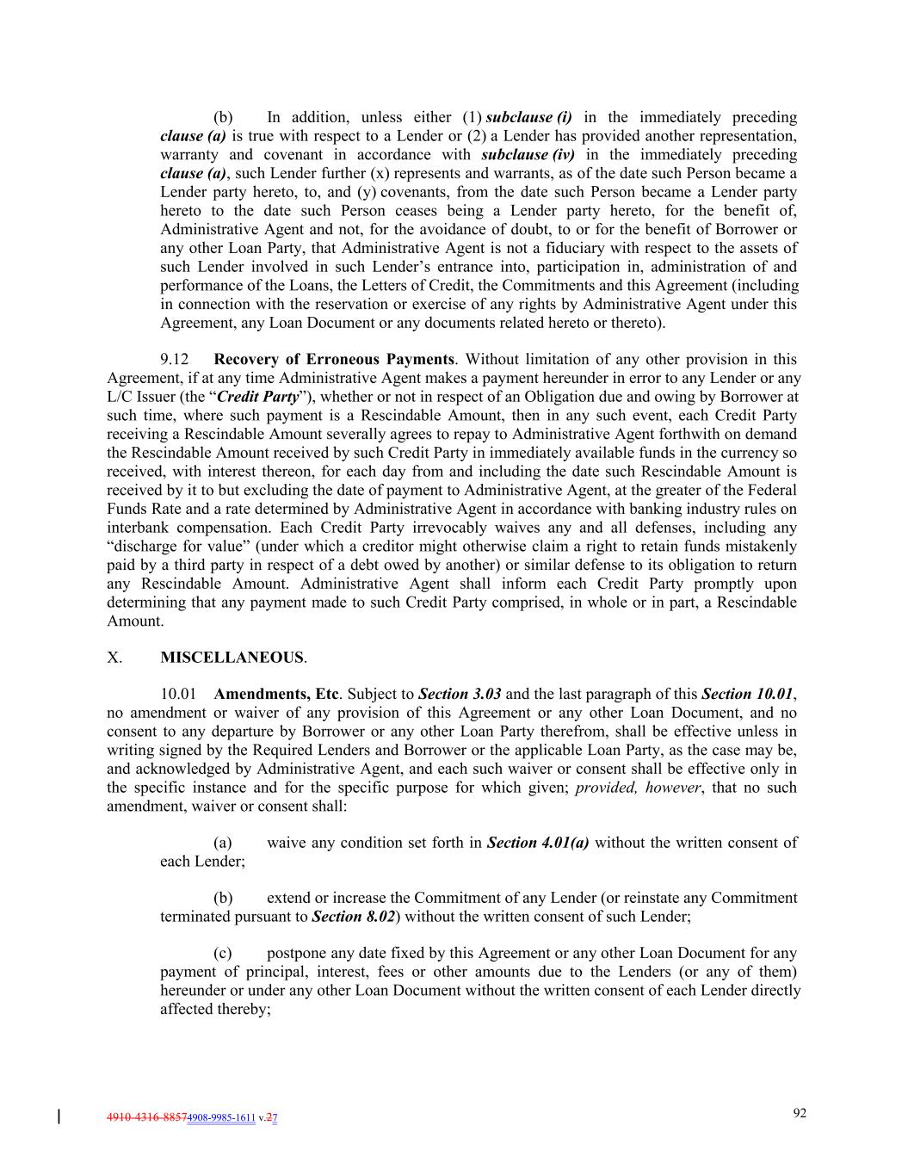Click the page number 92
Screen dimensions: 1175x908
tap(800, 1113)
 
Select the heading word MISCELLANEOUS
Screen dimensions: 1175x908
tap(232, 658)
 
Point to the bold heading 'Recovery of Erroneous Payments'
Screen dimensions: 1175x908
tap(333, 359)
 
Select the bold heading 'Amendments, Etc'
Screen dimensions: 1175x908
tap(275, 694)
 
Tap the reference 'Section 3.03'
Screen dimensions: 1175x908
tap(460, 694)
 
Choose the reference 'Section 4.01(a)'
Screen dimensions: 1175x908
tap(538, 842)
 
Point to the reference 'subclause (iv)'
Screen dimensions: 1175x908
tap(528, 155)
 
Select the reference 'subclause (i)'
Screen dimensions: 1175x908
tap(528, 117)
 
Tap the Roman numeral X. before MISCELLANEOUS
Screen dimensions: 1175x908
tap(114, 658)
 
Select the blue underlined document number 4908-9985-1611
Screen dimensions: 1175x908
tap(221, 1118)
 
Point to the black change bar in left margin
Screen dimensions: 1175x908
tap(59, 1117)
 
